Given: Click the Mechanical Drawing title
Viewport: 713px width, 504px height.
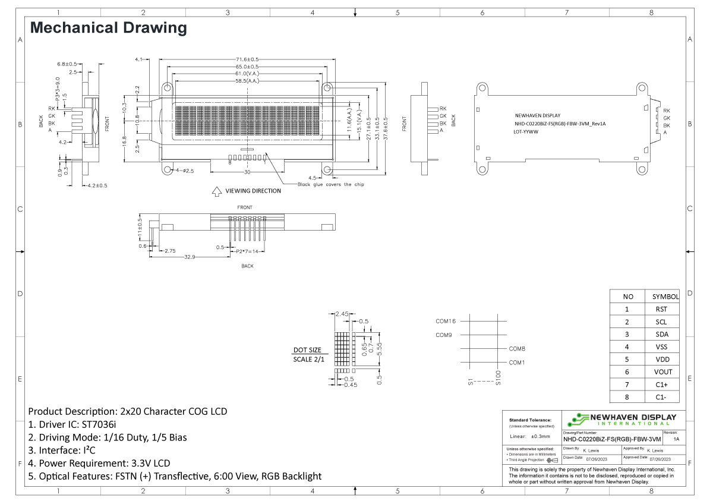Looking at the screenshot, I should click(108, 28).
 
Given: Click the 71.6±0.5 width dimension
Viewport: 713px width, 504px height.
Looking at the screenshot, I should click(247, 59).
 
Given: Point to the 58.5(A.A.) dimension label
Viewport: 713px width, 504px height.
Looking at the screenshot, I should click(247, 81).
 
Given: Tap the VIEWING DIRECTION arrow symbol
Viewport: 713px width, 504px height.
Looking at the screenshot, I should click(216, 191).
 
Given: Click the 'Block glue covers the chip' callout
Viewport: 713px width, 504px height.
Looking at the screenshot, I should click(331, 184).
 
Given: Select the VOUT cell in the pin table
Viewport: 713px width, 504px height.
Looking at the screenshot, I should click(664, 372).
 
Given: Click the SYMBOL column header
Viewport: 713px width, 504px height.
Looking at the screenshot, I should click(665, 297).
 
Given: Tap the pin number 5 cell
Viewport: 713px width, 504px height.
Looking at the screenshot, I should click(626, 360).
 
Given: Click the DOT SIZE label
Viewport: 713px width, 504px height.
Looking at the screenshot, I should click(307, 350).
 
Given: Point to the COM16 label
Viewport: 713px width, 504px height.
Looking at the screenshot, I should click(446, 321).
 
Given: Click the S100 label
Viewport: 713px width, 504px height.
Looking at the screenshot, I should click(499, 377).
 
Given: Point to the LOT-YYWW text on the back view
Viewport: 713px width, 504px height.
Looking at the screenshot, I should click(526, 132).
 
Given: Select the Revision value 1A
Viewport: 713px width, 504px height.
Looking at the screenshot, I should click(677, 439).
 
